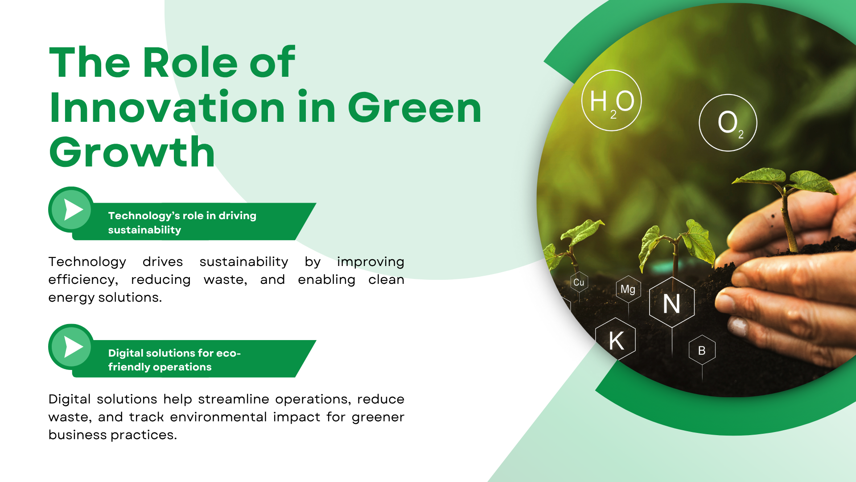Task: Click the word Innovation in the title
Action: point(167,107)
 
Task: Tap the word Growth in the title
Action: point(132,153)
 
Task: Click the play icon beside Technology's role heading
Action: point(71,209)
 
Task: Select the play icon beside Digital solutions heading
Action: point(71,347)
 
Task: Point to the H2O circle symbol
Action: point(611,100)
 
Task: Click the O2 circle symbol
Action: point(728,123)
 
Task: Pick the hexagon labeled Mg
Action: point(628,289)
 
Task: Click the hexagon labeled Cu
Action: point(579,282)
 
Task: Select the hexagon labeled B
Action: point(702,350)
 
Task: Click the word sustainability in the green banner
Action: point(144,230)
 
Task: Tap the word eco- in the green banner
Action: point(228,353)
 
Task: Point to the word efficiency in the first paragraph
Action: point(83,280)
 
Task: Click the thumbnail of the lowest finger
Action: point(738,327)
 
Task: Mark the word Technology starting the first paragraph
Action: point(87,262)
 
